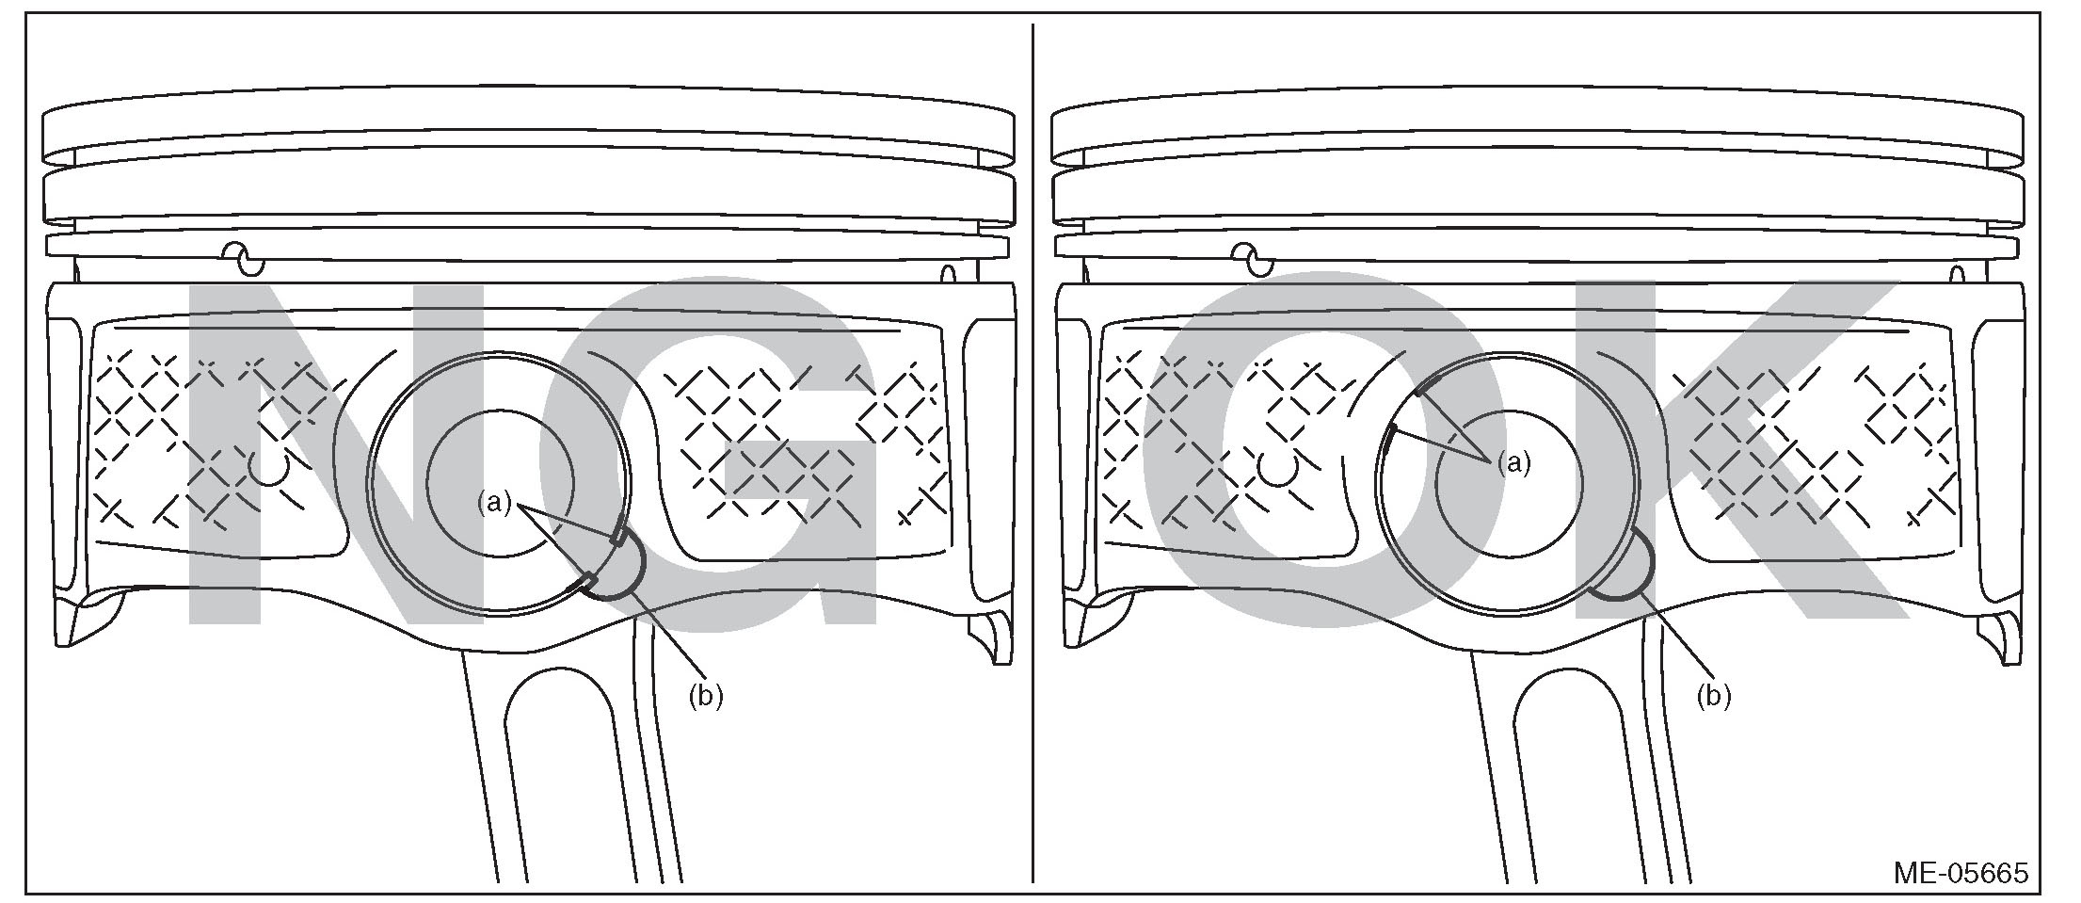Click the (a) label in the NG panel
click(x=494, y=504)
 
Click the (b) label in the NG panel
click(x=706, y=697)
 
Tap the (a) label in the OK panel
click(x=1514, y=462)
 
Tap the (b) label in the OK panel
click(x=1714, y=697)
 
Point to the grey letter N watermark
click(x=273, y=452)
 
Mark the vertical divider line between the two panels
click(x=1033, y=452)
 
